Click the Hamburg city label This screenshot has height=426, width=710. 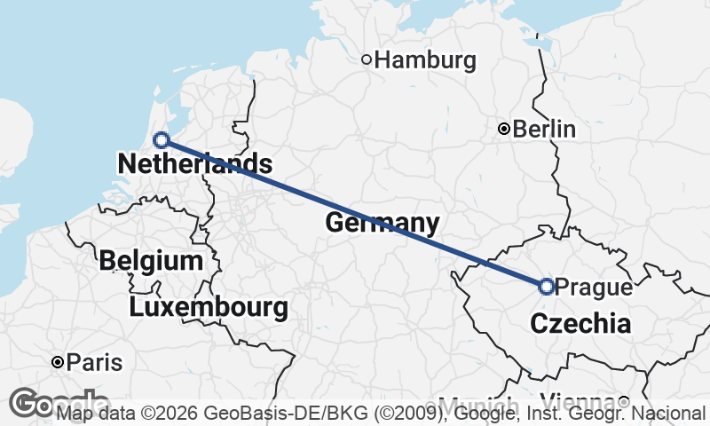[x=425, y=60]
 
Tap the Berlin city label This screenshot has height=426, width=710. [x=545, y=130]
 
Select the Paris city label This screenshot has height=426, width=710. [x=95, y=363]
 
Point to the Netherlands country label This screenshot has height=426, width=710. [x=194, y=163]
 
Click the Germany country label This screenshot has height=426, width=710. [x=383, y=223]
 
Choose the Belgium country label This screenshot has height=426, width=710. [x=151, y=261]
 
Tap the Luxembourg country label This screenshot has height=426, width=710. [x=209, y=308]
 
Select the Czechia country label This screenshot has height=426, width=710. [x=580, y=324]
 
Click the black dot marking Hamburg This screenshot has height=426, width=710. [x=366, y=60]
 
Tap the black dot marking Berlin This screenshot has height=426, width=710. [x=504, y=130]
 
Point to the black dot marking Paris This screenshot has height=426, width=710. [x=58, y=363]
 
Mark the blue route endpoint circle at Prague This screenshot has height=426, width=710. [x=546, y=286]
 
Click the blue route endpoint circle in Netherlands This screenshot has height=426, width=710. [x=162, y=139]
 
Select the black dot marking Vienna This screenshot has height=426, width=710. [x=624, y=401]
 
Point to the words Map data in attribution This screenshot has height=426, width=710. [x=96, y=413]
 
